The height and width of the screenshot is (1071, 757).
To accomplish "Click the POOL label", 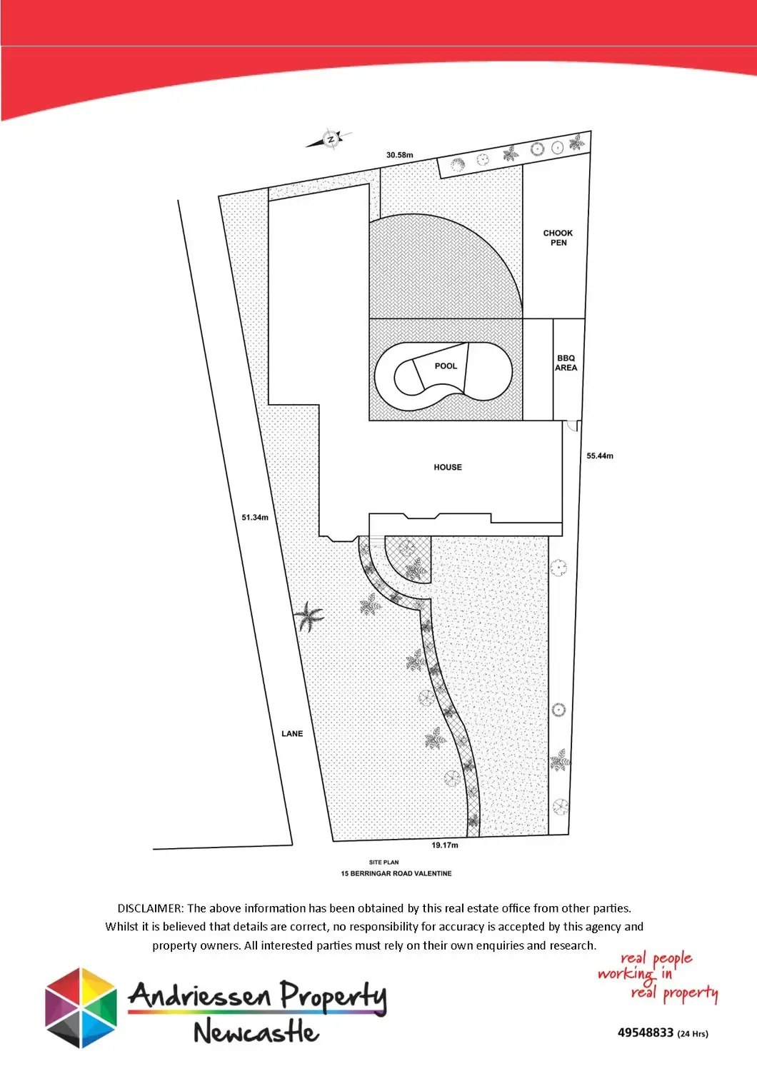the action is [x=446, y=366].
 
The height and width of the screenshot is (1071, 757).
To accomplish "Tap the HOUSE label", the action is [x=448, y=468].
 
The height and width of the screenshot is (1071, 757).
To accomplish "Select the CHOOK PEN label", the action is [x=558, y=238].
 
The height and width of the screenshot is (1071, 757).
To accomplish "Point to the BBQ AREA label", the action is [x=566, y=363].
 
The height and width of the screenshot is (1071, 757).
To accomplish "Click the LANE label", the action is [x=292, y=734].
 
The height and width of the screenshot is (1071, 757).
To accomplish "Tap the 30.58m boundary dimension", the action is [x=399, y=155].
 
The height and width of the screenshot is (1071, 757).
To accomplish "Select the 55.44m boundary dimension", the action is [x=600, y=456].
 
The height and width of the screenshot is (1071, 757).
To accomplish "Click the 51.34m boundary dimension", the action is [x=255, y=518].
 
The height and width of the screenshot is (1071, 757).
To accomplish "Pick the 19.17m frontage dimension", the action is [x=445, y=845].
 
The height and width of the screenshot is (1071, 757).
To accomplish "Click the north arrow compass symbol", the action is [x=330, y=139].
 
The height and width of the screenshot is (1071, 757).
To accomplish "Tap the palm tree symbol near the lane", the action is [x=309, y=615].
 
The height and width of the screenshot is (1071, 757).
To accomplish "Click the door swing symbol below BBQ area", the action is [x=572, y=426].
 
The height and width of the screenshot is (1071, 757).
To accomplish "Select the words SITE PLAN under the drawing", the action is [x=384, y=863].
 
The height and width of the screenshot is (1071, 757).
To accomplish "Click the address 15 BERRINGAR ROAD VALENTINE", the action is [x=396, y=873].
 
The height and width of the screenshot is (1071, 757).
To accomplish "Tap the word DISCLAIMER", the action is [x=150, y=908].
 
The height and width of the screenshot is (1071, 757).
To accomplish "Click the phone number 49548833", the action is [x=645, y=1032].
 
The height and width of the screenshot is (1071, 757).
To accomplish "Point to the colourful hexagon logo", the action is [x=81, y=1007].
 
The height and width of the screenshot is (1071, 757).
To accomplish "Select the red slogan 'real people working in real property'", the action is [x=657, y=975].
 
